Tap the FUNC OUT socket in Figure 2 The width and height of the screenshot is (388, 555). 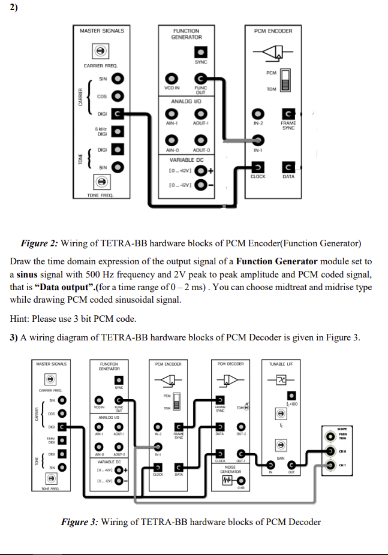point(201,79)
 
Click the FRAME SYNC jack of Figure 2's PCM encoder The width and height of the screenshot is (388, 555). point(288,113)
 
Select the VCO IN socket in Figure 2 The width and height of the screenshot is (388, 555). point(172,79)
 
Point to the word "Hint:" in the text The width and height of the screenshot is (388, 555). point(21,319)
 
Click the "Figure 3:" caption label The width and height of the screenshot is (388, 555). point(79,521)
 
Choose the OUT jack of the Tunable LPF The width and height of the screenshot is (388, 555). point(291,464)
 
